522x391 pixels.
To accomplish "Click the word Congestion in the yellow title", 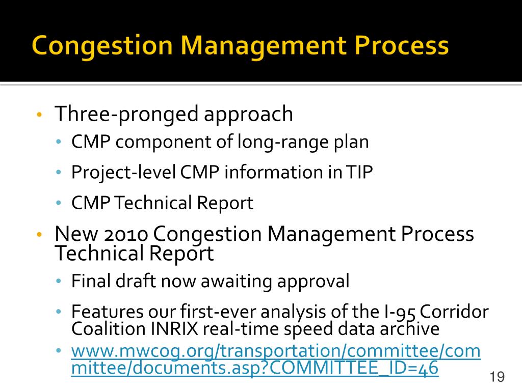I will (x=102, y=46).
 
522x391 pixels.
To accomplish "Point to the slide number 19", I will (x=497, y=377).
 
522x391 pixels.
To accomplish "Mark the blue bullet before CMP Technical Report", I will (x=59, y=203).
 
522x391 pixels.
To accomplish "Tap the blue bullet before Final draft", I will (x=59, y=281).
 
